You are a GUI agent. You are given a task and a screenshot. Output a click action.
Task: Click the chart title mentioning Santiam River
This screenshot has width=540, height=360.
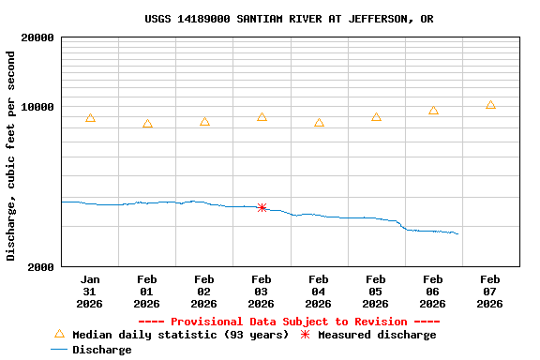click(x=289, y=19)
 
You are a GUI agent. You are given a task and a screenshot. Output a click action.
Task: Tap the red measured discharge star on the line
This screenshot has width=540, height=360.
click(x=262, y=207)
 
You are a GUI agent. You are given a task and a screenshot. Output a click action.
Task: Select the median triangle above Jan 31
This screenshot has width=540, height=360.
click(x=90, y=118)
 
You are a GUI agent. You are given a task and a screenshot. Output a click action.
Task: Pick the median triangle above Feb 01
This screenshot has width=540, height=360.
click(x=147, y=124)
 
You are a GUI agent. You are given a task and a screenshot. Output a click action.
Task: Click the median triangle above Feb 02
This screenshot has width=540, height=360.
click(x=204, y=122)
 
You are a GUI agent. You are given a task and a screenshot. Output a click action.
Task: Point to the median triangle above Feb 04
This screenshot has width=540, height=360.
click(x=319, y=123)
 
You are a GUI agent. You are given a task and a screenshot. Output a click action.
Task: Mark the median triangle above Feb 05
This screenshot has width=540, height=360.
click(x=376, y=117)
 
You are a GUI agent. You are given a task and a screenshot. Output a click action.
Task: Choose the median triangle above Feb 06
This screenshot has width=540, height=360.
click(x=433, y=111)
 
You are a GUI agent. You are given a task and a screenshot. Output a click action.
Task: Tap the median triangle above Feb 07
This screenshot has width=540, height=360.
click(x=490, y=105)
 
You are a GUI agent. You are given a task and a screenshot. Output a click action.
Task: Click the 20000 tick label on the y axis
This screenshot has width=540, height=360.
click(x=36, y=38)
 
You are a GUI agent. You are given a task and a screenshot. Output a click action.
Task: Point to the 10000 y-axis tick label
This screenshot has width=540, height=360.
click(x=36, y=107)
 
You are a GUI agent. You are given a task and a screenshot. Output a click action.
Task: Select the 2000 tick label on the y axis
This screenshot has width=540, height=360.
click(x=39, y=267)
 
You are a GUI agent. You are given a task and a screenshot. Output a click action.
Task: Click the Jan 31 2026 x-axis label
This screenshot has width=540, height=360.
click(x=90, y=292)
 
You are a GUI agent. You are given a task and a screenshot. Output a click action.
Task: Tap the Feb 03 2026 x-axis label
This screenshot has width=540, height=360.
click(x=262, y=292)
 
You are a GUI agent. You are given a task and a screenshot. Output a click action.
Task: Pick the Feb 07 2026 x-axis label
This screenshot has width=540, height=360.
click(x=490, y=292)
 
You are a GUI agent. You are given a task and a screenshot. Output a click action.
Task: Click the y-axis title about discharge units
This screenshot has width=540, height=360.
click(x=11, y=156)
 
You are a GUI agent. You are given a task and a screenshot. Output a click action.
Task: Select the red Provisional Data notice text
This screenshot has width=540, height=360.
click(x=289, y=322)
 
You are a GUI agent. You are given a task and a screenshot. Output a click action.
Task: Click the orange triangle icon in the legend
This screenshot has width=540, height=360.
click(x=59, y=334)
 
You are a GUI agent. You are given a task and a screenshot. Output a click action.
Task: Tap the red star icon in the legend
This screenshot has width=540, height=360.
click(x=305, y=335)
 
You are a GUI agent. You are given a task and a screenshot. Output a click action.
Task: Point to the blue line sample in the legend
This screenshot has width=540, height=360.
click(x=59, y=350)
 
